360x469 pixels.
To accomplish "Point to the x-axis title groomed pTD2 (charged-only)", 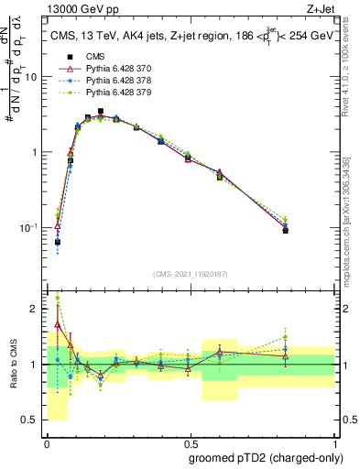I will pyautogui.click(x=266, y=458).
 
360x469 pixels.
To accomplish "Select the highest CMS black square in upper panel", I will pyautogui.click(x=101, y=112).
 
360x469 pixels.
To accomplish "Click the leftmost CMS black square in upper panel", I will pyautogui.click(x=58, y=243).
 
